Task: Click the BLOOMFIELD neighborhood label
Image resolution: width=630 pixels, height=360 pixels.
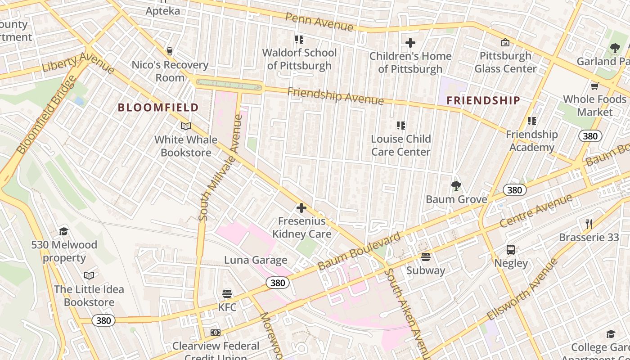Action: click(x=158, y=108)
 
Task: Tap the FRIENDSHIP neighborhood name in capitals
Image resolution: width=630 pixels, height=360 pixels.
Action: click(x=483, y=101)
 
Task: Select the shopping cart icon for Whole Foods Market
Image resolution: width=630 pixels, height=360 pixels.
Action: click(x=594, y=86)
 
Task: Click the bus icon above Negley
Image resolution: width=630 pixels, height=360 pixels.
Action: click(x=511, y=250)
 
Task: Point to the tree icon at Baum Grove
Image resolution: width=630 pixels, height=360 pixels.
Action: click(x=456, y=185)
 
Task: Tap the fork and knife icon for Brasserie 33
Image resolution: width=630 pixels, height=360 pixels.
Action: click(x=589, y=224)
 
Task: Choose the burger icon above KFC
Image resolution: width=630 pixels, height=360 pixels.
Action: click(x=227, y=294)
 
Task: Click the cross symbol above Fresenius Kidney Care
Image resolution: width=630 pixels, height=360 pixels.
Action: click(x=301, y=208)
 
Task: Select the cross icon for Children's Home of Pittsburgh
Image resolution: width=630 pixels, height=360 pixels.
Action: click(x=410, y=43)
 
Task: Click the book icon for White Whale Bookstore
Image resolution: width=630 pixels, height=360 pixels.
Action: click(x=185, y=126)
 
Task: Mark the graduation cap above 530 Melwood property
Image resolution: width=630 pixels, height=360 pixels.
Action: click(x=63, y=232)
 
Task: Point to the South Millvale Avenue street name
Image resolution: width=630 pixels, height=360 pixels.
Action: click(x=221, y=168)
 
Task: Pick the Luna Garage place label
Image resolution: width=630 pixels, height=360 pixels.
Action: click(x=256, y=260)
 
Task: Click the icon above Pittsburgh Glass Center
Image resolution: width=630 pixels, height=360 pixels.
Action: click(x=505, y=42)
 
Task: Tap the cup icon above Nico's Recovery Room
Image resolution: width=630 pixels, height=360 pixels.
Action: click(x=170, y=51)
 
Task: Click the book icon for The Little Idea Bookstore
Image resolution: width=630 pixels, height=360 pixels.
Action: click(x=89, y=275)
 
